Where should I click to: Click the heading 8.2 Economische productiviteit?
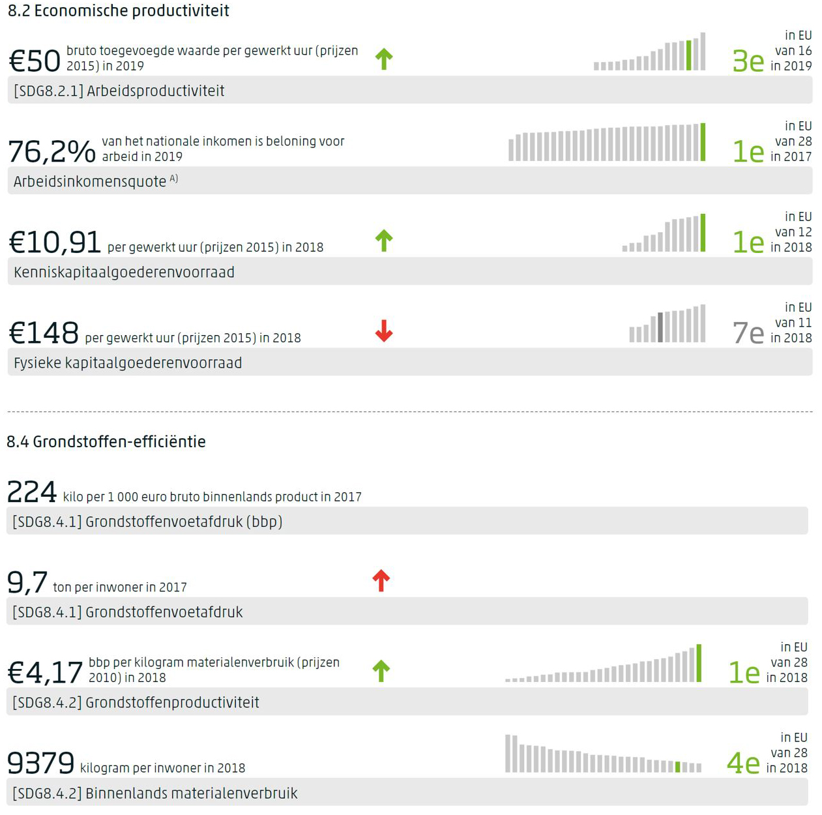click(118, 11)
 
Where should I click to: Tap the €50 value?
click(34, 61)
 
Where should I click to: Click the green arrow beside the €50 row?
click(384, 59)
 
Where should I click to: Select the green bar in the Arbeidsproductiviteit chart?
click(688, 55)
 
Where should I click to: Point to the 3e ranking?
click(748, 61)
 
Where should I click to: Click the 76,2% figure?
click(51, 151)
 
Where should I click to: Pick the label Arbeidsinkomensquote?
click(90, 182)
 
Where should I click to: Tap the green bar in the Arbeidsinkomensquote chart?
click(703, 142)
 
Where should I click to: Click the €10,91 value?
click(55, 242)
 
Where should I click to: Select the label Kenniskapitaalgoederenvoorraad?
click(124, 273)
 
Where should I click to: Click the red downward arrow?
click(384, 331)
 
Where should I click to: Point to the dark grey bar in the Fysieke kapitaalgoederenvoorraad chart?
click(660, 327)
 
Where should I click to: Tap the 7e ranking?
click(748, 333)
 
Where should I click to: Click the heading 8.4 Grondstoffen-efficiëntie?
click(106, 442)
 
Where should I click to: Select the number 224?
click(31, 492)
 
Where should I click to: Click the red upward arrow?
click(381, 580)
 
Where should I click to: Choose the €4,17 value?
click(45, 672)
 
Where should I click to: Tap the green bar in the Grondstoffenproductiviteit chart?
click(699, 663)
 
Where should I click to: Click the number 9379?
click(40, 763)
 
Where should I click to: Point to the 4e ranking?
click(743, 763)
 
